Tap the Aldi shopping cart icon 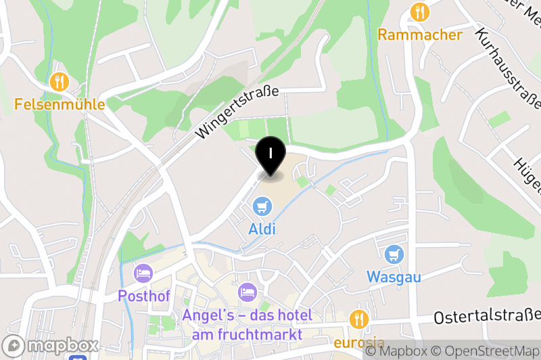262,205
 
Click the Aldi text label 262,229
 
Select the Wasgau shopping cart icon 394,254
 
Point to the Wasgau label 394,277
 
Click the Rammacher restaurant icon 420,12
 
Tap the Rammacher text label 420,35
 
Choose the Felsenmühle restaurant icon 60,82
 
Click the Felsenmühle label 60,105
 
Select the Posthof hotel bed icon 143,273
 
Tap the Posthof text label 143,296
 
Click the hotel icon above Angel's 248,293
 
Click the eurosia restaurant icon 358,319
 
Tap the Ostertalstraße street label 487,316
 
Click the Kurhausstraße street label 509,68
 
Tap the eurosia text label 358,342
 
